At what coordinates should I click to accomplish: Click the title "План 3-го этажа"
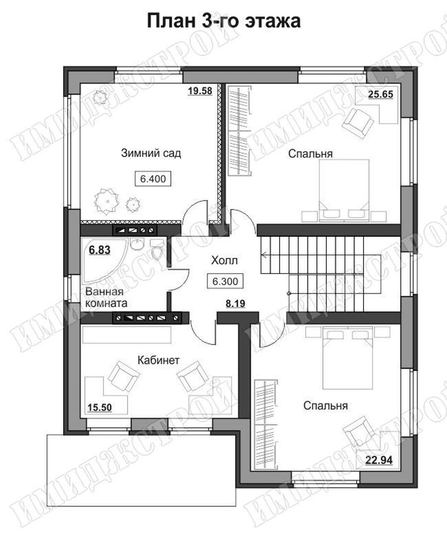(223, 21)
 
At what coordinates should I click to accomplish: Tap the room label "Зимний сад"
(151, 153)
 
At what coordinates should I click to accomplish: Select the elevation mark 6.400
(152, 179)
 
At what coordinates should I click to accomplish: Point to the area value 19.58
(200, 90)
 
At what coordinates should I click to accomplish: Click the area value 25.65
(380, 94)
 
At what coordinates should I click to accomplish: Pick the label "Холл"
(224, 261)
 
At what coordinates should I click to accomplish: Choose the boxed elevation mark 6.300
(225, 281)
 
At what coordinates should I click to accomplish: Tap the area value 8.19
(235, 304)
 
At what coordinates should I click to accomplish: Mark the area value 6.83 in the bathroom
(100, 250)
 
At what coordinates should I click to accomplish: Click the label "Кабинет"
(158, 360)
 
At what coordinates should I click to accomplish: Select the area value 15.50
(100, 408)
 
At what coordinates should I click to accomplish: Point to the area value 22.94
(379, 460)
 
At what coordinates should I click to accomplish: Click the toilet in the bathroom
(157, 249)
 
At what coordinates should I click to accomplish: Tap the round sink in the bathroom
(138, 244)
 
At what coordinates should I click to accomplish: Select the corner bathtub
(104, 260)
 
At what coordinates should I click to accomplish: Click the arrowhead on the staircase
(264, 256)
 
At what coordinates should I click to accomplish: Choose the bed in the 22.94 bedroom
(348, 359)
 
